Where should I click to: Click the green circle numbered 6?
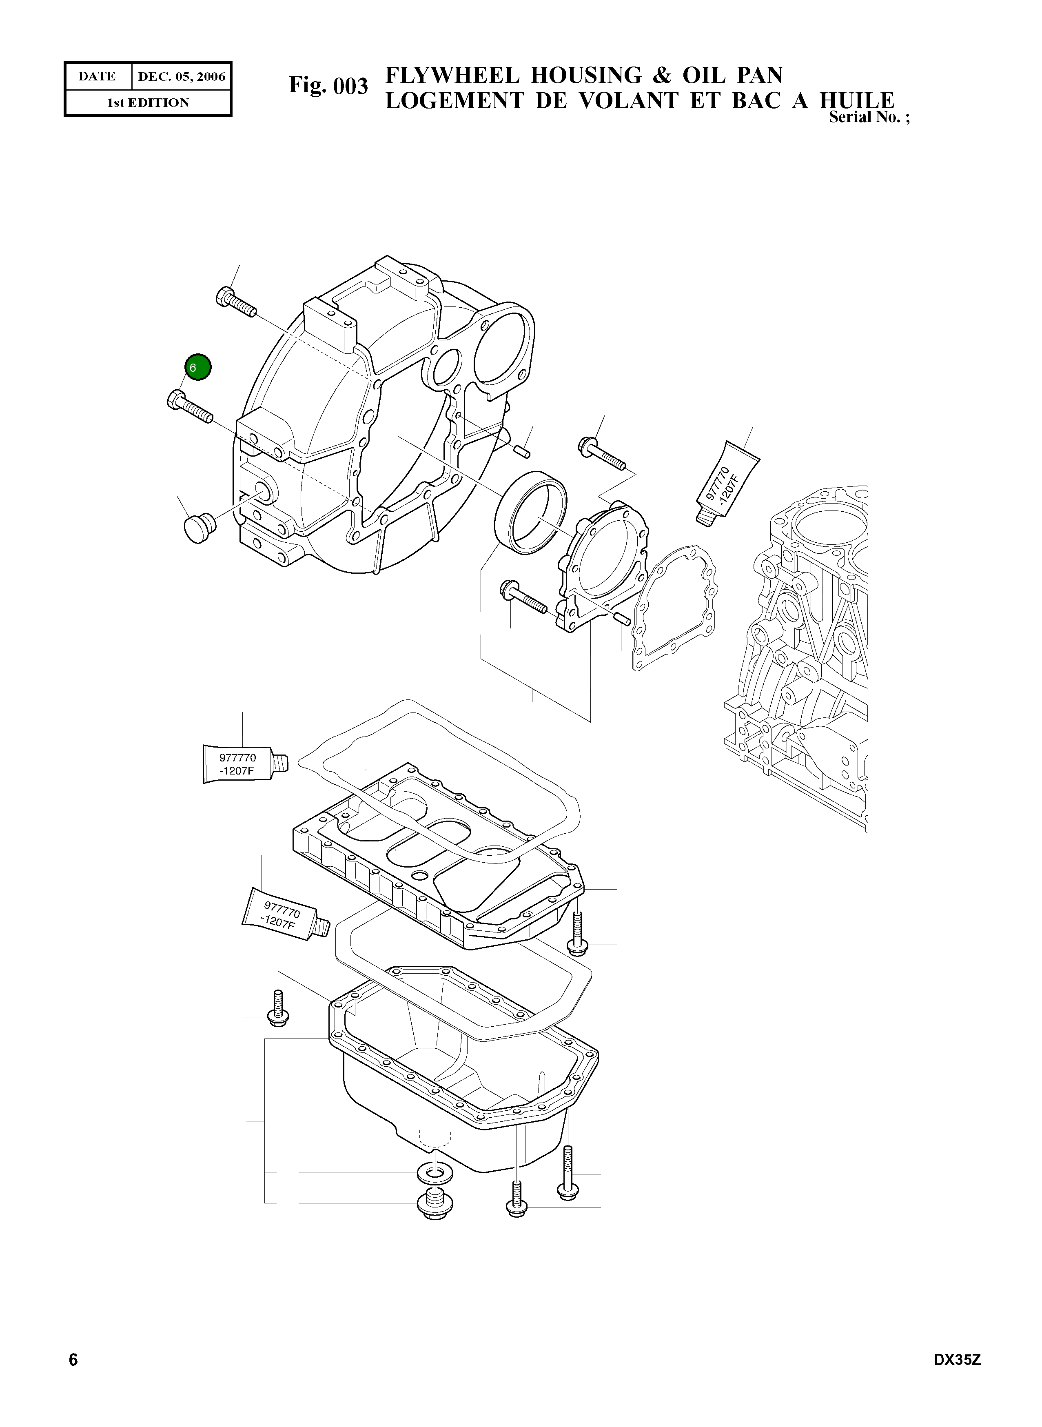(x=198, y=367)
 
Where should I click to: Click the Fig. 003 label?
(x=328, y=85)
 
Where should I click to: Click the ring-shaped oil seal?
(x=530, y=512)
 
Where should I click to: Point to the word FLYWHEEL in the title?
(x=452, y=76)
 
